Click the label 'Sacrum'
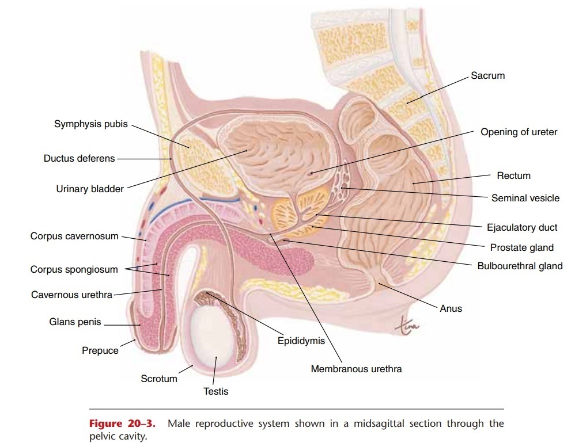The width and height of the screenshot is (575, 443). (487, 75)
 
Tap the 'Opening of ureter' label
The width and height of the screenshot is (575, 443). (519, 132)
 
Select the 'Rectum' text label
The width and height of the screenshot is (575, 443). (513, 175)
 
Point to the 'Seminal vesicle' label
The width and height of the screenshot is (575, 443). (525, 198)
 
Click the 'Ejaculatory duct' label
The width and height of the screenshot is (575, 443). (522, 227)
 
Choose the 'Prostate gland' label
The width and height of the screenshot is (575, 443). (521, 247)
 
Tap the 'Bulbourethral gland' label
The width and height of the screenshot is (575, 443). (520, 266)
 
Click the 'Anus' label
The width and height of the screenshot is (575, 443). (451, 308)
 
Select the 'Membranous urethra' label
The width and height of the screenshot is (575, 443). (356, 369)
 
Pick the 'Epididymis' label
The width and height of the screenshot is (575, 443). (301, 341)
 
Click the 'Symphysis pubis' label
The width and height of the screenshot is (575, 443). (91, 124)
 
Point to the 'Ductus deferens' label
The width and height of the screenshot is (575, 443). (80, 158)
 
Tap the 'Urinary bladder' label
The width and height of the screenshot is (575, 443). (90, 189)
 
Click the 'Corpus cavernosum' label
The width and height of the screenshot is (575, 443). (74, 236)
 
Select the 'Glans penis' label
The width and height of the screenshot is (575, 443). (75, 322)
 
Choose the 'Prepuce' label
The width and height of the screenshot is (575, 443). (100, 350)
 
